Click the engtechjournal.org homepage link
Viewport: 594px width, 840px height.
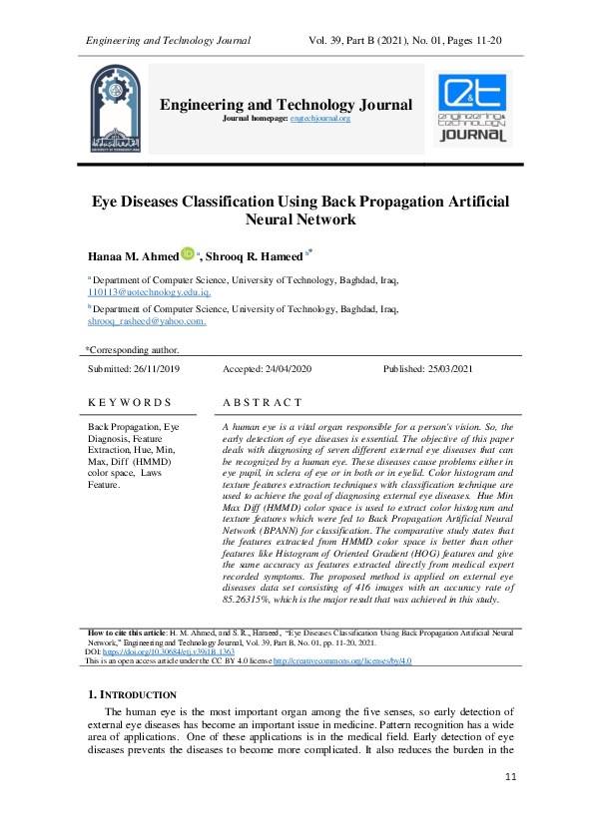tap(320, 119)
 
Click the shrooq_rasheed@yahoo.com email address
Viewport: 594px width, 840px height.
tap(147, 321)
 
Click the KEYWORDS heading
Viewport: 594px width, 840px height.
tap(129, 402)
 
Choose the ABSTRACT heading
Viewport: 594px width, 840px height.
tap(262, 402)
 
